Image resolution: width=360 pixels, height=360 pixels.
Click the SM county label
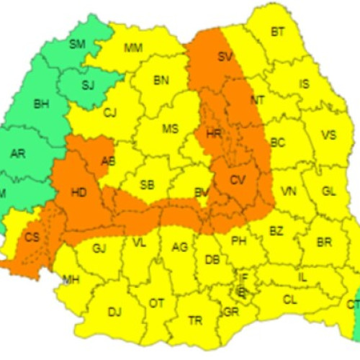pyautogui.click(x=77, y=44)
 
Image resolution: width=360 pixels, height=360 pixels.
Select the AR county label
pyautogui.click(x=18, y=153)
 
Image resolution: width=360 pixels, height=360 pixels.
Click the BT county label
pyautogui.click(x=277, y=32)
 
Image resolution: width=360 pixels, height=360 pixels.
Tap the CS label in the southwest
pyautogui.click(x=32, y=237)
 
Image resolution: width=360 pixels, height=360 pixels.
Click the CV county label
pyautogui.click(x=238, y=180)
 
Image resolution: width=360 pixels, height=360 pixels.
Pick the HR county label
pyautogui.click(x=213, y=134)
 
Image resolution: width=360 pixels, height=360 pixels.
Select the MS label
pyautogui.click(x=170, y=129)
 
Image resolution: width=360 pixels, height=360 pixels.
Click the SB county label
pyautogui.click(x=147, y=185)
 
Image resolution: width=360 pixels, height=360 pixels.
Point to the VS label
pyautogui.click(x=328, y=135)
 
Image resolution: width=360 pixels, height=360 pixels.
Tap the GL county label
pyautogui.click(x=328, y=191)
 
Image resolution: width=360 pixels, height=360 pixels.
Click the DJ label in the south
pyautogui.click(x=114, y=311)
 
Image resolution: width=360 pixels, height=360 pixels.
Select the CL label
pyautogui.click(x=289, y=299)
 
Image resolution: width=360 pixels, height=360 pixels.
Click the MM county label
pyautogui.click(x=133, y=48)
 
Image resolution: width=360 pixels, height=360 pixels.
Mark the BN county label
pyautogui.click(x=161, y=80)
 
